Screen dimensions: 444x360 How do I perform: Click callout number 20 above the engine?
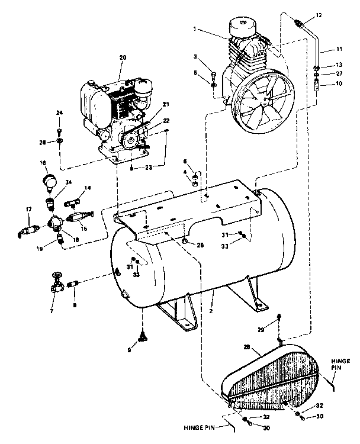123,57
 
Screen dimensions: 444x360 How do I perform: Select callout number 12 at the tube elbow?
319,14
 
